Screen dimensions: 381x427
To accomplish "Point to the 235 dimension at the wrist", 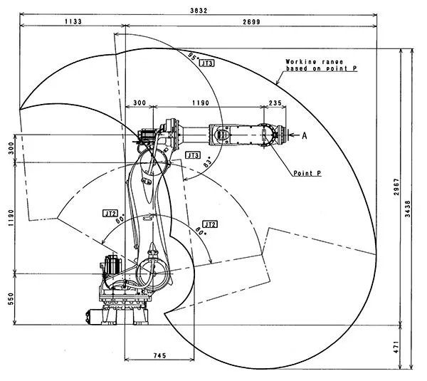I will pos(275,103).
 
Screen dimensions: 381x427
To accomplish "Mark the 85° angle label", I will pos(191,56).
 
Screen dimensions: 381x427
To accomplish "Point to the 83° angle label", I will pos(208,165).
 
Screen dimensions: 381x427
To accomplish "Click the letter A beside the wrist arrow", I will pos(305,135).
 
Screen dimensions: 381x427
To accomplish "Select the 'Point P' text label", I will pos(307,173).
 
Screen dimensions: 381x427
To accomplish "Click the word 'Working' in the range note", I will pos(297,62).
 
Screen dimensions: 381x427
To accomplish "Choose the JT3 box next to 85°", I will pos(207,63).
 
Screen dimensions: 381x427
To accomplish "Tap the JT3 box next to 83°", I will pos(192,155).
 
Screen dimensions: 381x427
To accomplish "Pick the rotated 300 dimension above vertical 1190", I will pos(11,147).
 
